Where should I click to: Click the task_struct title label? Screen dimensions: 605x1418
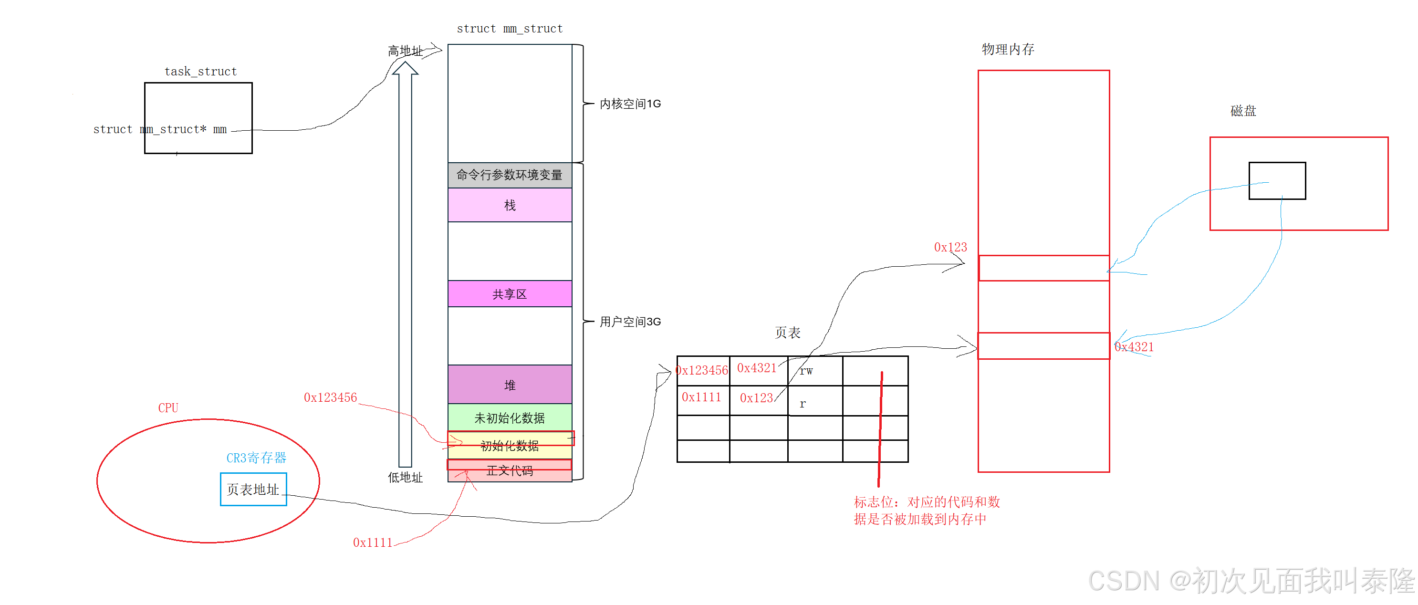(x=200, y=72)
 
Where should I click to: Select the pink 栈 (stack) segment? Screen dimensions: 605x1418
(x=510, y=205)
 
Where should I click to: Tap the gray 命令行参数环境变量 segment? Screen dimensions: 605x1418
(x=510, y=175)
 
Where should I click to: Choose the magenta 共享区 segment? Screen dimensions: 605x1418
(x=510, y=294)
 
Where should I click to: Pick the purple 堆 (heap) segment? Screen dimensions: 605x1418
(x=510, y=385)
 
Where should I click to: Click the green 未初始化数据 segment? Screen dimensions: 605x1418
(x=510, y=418)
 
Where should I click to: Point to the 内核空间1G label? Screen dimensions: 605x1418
(x=630, y=104)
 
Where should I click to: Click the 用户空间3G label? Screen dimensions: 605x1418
(x=630, y=322)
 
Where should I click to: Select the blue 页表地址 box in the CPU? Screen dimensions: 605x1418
(x=253, y=490)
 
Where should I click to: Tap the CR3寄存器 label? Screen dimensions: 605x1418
(x=257, y=458)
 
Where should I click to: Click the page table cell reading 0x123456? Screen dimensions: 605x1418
(x=702, y=370)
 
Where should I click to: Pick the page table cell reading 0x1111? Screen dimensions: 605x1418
(x=702, y=397)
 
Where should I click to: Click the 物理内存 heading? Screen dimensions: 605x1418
(x=1008, y=50)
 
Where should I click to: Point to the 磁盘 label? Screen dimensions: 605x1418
(x=1243, y=111)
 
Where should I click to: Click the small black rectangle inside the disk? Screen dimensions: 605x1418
(x=1277, y=180)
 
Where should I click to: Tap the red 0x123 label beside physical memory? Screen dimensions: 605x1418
(x=950, y=247)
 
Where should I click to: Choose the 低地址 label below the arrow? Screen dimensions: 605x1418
(x=405, y=478)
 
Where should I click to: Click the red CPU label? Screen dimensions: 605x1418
(x=168, y=408)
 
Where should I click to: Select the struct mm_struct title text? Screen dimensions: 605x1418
(x=510, y=29)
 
